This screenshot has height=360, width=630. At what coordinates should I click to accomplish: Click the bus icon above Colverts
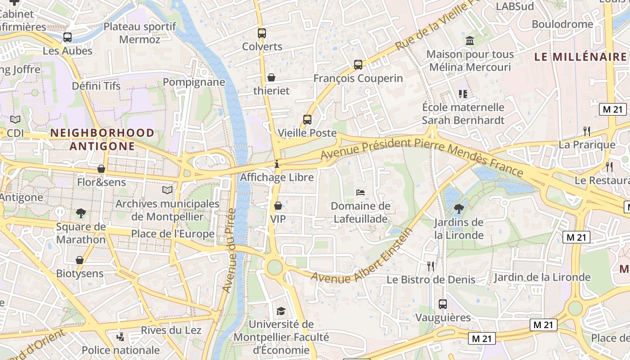261,33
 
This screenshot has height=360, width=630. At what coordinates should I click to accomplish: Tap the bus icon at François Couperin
358,64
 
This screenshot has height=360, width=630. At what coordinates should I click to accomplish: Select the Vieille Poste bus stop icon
307,119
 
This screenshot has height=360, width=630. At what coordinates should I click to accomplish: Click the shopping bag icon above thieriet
271,77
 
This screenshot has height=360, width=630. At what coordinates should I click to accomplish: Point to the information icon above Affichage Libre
277,164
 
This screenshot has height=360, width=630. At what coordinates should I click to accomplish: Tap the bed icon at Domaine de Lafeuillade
360,193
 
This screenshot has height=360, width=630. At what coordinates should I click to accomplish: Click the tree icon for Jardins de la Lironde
459,209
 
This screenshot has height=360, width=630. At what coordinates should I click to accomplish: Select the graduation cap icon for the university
281,311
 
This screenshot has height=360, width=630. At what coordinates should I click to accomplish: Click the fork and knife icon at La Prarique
586,131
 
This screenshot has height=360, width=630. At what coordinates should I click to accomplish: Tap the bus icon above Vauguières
442,304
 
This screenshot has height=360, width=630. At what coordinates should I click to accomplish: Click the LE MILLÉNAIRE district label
580,57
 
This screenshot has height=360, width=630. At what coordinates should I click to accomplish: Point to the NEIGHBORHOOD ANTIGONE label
102,139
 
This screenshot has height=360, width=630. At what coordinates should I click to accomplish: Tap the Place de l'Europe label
173,234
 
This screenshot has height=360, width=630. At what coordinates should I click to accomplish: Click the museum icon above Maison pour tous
470,41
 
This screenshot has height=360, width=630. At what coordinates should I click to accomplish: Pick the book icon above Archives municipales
167,190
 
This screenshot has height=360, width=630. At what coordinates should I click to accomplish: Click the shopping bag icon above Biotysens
80,260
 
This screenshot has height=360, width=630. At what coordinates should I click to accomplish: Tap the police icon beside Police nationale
120,337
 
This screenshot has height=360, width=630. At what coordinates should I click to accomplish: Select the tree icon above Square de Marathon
81,213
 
